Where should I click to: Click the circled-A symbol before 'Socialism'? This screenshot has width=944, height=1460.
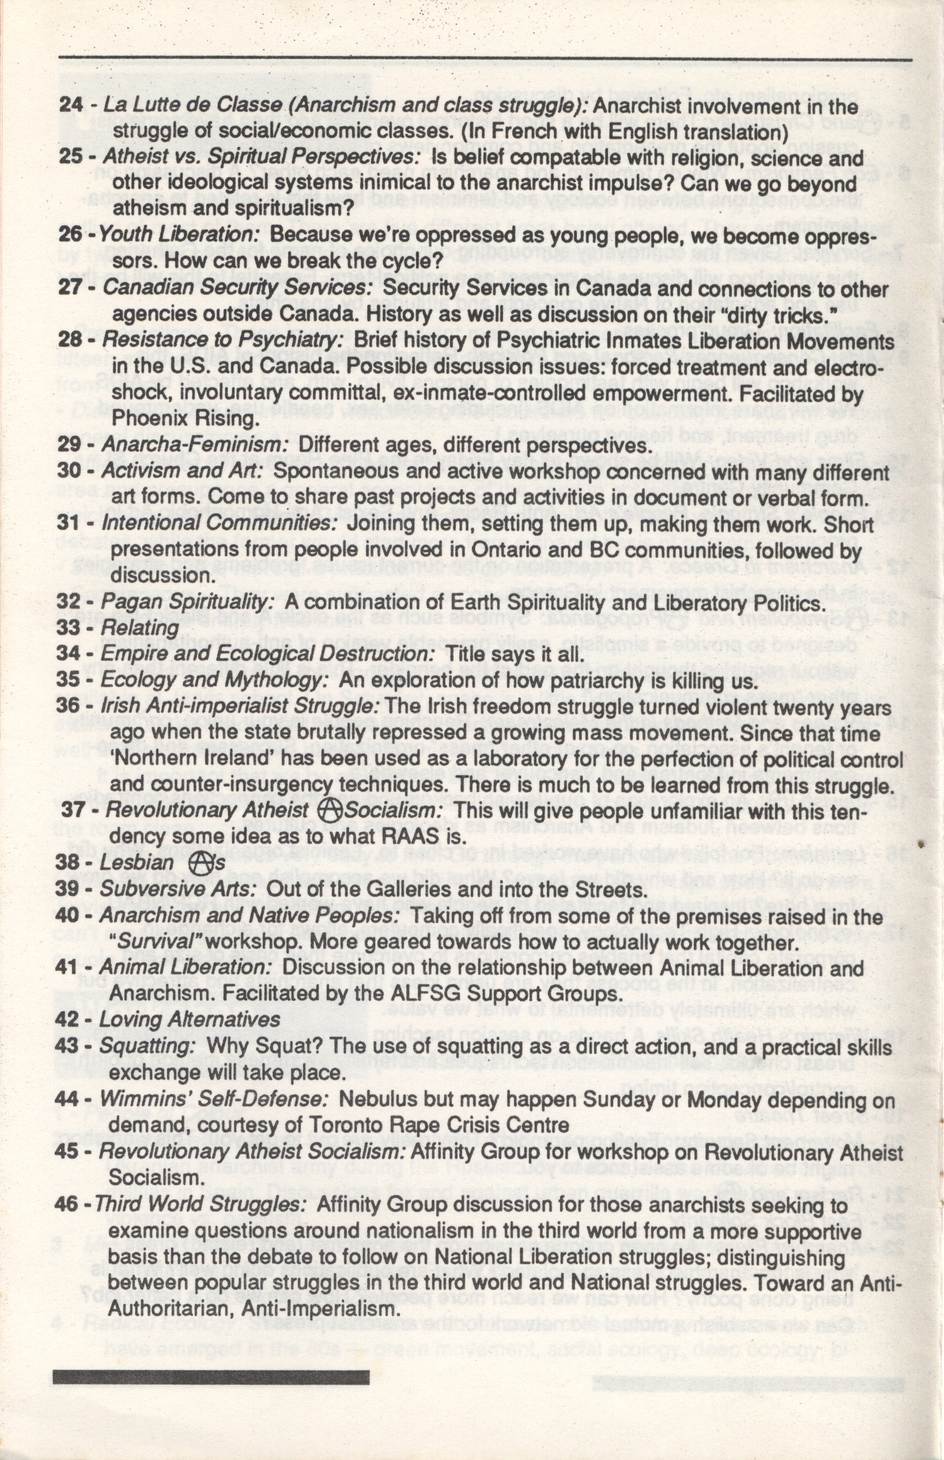tap(331, 811)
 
